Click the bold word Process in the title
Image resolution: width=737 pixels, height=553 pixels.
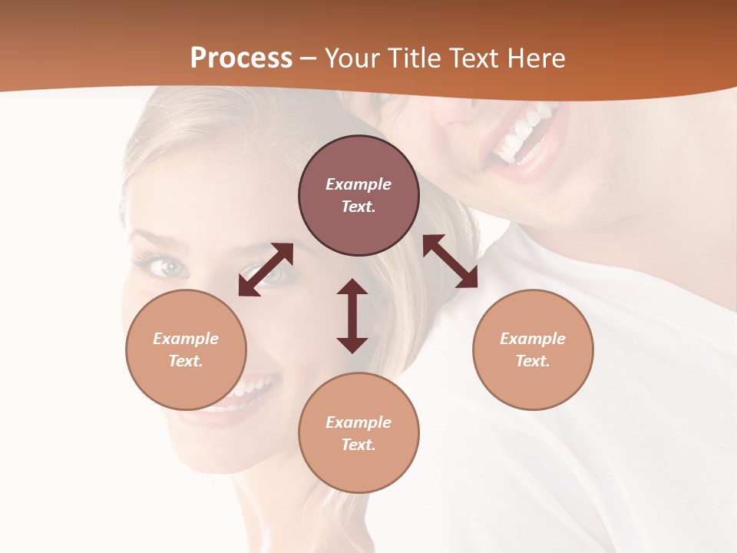(x=241, y=58)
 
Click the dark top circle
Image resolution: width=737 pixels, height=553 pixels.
(x=359, y=195)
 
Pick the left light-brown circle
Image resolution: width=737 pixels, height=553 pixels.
(x=186, y=349)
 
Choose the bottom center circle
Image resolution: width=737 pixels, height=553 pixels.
(x=359, y=433)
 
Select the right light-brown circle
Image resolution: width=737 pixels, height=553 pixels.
(x=533, y=349)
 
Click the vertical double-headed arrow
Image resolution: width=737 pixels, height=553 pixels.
(x=352, y=316)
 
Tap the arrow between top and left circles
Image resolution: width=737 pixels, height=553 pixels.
(x=266, y=269)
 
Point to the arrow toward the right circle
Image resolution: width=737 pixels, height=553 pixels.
(x=450, y=261)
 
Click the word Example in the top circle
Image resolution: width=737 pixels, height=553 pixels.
(x=359, y=184)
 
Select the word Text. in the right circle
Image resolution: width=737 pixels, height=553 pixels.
(x=533, y=361)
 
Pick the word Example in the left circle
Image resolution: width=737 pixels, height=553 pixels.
(x=186, y=339)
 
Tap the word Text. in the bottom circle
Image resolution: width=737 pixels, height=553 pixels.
(x=359, y=445)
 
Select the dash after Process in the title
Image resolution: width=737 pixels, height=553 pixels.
(x=309, y=58)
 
